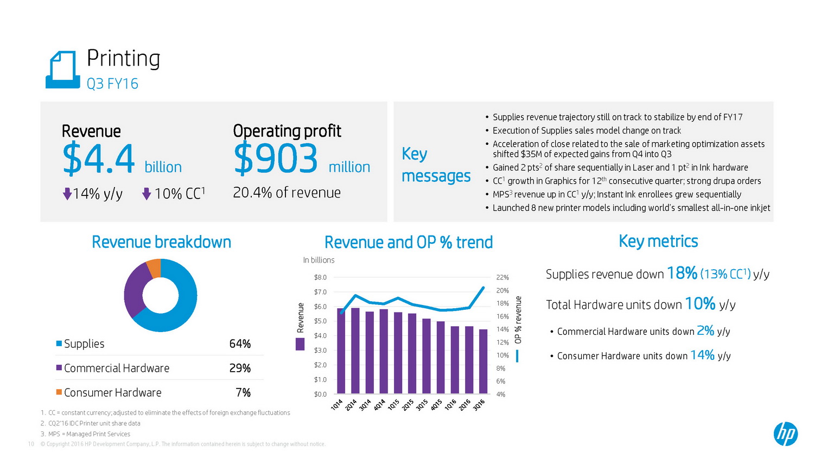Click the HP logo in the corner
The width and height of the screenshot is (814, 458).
[785, 434]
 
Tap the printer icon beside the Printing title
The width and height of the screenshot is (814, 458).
[63, 70]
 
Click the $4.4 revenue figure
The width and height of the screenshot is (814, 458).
[98, 159]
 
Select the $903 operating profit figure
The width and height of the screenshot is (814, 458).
[276, 159]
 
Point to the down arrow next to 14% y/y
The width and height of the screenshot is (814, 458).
[67, 194]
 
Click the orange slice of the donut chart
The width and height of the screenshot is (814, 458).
[154, 268]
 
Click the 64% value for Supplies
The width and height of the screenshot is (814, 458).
[240, 343]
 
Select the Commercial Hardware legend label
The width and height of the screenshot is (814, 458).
[117, 368]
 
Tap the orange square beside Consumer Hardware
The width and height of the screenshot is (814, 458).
[59, 392]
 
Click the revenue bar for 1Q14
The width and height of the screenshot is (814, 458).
[341, 351]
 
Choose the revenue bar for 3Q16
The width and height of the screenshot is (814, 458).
[483, 361]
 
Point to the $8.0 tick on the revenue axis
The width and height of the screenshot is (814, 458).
[320, 277]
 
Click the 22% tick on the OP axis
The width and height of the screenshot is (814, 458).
[503, 277]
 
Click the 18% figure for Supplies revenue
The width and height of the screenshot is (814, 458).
[682, 273]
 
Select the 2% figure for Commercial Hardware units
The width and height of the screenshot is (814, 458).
[705, 330]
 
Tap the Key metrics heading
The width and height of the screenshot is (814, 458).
[658, 241]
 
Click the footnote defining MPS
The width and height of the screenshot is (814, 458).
[86, 434]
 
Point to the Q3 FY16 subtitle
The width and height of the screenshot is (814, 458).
[112, 84]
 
